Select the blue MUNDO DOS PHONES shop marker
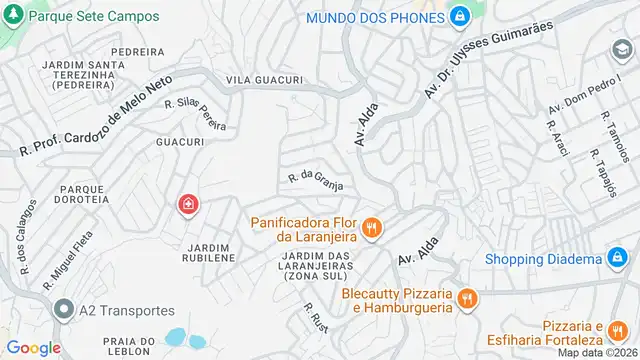(459, 17)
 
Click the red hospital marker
(188, 206)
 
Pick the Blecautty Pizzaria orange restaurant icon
(466, 298)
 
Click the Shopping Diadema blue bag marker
(619, 260)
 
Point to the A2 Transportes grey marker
(65, 310)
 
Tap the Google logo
(34, 347)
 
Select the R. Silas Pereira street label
(195, 113)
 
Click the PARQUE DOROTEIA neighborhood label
(83, 193)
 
